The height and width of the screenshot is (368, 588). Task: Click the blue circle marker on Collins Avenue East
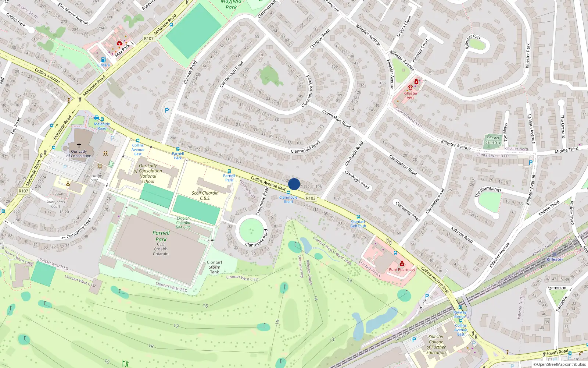click(294, 184)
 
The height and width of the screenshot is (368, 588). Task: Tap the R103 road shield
click(311, 198)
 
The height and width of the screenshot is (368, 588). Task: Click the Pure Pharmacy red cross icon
click(402, 264)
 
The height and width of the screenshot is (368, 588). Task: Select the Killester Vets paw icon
click(410, 88)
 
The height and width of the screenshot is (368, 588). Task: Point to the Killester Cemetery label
click(493, 140)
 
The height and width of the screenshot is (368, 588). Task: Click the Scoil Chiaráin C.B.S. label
click(205, 195)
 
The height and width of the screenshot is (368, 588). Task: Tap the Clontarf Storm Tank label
click(214, 267)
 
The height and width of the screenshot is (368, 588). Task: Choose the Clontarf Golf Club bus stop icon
click(358, 217)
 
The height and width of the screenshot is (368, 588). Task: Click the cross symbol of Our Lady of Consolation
click(79, 145)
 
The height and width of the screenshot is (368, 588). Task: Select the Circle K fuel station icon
click(103, 60)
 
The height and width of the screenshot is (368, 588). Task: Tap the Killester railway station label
click(555, 259)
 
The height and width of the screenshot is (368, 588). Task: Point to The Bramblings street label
click(488, 191)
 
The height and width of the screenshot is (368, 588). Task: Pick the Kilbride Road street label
click(462, 234)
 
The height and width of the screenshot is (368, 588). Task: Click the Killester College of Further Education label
click(436, 344)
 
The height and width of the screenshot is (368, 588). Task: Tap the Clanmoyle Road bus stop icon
click(288, 192)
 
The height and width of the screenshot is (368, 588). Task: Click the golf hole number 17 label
click(176, 326)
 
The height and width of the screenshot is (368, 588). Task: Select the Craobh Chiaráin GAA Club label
click(183, 223)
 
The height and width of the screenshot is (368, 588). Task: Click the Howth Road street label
click(556, 352)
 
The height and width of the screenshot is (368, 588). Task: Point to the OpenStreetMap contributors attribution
click(559, 364)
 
